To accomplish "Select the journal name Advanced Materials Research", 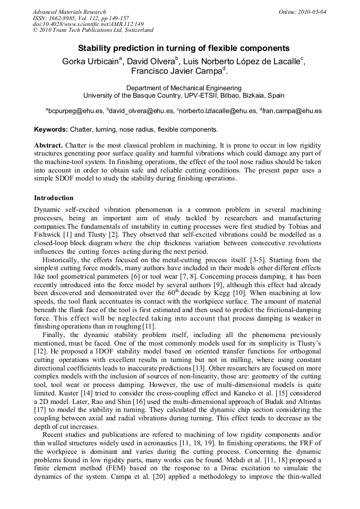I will click(69, 12).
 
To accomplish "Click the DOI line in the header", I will click(88, 24).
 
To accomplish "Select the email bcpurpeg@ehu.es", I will click(75, 111).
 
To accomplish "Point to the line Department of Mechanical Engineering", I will click(184, 88).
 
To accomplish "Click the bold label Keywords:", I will click(51, 130).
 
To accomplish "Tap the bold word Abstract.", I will click(49, 145).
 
